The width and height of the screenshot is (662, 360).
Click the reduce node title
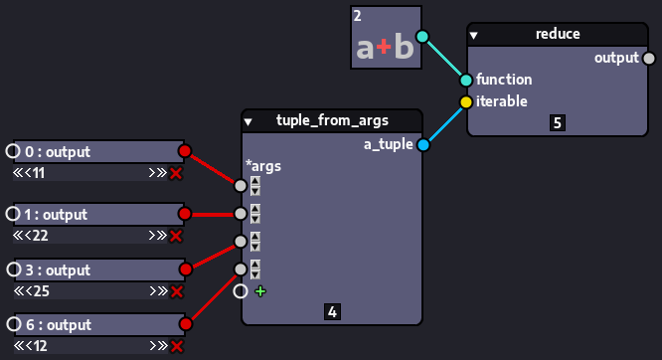[x=557, y=34]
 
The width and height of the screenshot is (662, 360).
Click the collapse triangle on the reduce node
[x=474, y=35]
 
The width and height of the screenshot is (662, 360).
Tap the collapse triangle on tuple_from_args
[x=248, y=122]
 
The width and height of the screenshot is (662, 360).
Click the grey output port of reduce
[x=649, y=58]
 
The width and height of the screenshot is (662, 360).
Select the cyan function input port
[x=465, y=80]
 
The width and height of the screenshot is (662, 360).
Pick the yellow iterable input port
[x=465, y=101]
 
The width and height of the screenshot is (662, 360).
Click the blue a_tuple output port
[x=422, y=146]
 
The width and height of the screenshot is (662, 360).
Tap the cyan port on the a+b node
[x=422, y=37]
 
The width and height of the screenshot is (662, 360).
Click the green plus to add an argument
[x=260, y=291]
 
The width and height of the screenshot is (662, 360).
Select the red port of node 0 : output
[x=184, y=151]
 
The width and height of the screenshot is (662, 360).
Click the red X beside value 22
[x=176, y=236]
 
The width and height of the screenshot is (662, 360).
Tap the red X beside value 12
[x=176, y=346]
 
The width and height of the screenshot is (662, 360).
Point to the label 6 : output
[x=57, y=325]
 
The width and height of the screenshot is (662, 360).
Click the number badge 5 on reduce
[x=557, y=123]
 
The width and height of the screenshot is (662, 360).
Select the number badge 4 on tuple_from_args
[x=332, y=312]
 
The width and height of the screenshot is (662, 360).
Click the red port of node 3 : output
[x=184, y=270]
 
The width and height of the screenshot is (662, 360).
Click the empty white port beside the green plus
[x=240, y=291]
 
